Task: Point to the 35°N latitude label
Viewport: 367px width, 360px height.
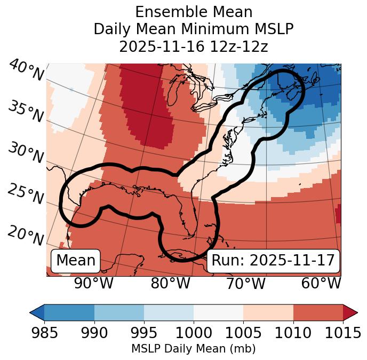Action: (x=26, y=112)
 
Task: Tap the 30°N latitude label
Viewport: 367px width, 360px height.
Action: (x=26, y=153)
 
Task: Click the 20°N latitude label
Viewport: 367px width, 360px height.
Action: (x=26, y=235)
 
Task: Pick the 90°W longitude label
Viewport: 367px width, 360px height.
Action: (x=93, y=283)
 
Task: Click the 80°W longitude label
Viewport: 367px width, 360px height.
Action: (x=170, y=283)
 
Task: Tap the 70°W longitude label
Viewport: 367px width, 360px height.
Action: (x=246, y=283)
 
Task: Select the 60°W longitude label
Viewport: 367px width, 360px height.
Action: (x=321, y=283)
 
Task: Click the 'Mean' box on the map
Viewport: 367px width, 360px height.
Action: (x=76, y=261)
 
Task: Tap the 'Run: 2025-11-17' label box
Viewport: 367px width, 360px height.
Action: (x=273, y=261)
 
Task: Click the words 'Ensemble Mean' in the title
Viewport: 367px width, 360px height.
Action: (x=194, y=12)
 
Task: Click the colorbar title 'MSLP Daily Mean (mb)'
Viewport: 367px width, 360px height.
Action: (x=194, y=349)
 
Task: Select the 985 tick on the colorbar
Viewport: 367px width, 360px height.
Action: (x=44, y=333)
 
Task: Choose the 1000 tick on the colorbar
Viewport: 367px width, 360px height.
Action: (x=194, y=333)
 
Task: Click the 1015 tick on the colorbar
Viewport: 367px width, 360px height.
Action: (x=343, y=333)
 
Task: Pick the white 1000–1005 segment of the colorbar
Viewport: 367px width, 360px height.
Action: (x=218, y=312)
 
